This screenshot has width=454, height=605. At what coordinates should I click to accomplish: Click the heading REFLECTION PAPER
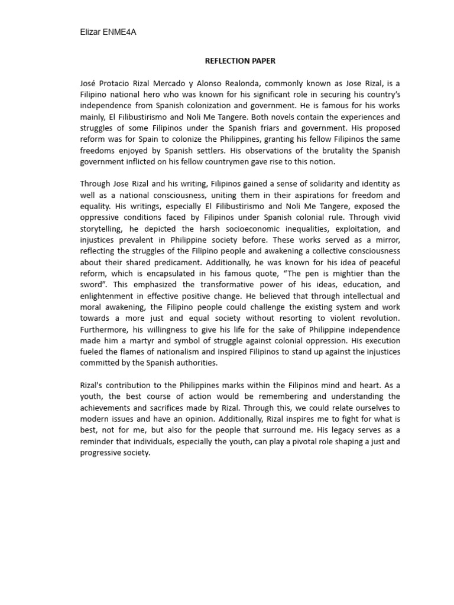tap(240, 61)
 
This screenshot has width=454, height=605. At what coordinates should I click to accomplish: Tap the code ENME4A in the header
tap(121, 32)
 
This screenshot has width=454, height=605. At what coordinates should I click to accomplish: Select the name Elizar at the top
tap(91, 32)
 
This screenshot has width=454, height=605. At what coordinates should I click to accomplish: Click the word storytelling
tap(103, 229)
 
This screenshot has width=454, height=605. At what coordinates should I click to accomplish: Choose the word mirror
tap(386, 240)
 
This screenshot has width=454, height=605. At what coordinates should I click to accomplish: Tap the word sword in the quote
tap(93, 285)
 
